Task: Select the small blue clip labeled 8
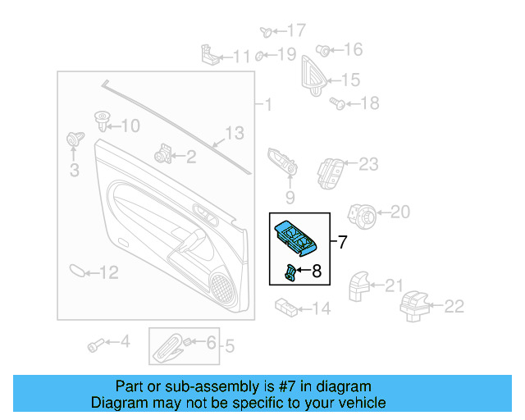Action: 290,273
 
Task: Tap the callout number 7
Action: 342,242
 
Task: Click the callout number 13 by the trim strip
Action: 235,133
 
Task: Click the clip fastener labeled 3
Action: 73,141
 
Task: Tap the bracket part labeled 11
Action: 210,54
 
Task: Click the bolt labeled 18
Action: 336,103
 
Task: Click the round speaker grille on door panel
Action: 221,284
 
